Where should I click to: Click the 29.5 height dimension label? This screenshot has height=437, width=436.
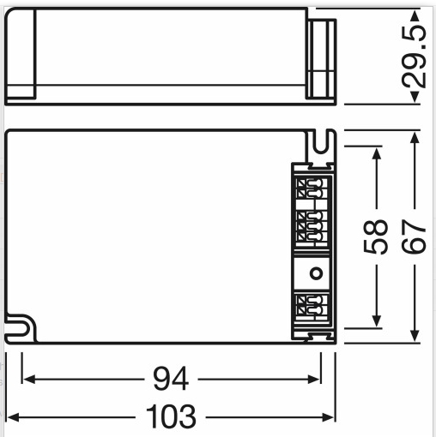pos(414,57)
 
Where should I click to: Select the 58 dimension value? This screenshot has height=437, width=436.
pos(376,236)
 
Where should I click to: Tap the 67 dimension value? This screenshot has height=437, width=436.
pos(414,236)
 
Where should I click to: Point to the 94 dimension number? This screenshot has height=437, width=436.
pos(171,379)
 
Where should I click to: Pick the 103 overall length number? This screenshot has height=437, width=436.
pos(171,416)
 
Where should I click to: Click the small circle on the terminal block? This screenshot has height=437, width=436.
pos(316,273)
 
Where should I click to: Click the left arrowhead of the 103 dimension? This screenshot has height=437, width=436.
pos(13,417)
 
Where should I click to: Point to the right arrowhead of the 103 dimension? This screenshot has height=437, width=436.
pos(328,417)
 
